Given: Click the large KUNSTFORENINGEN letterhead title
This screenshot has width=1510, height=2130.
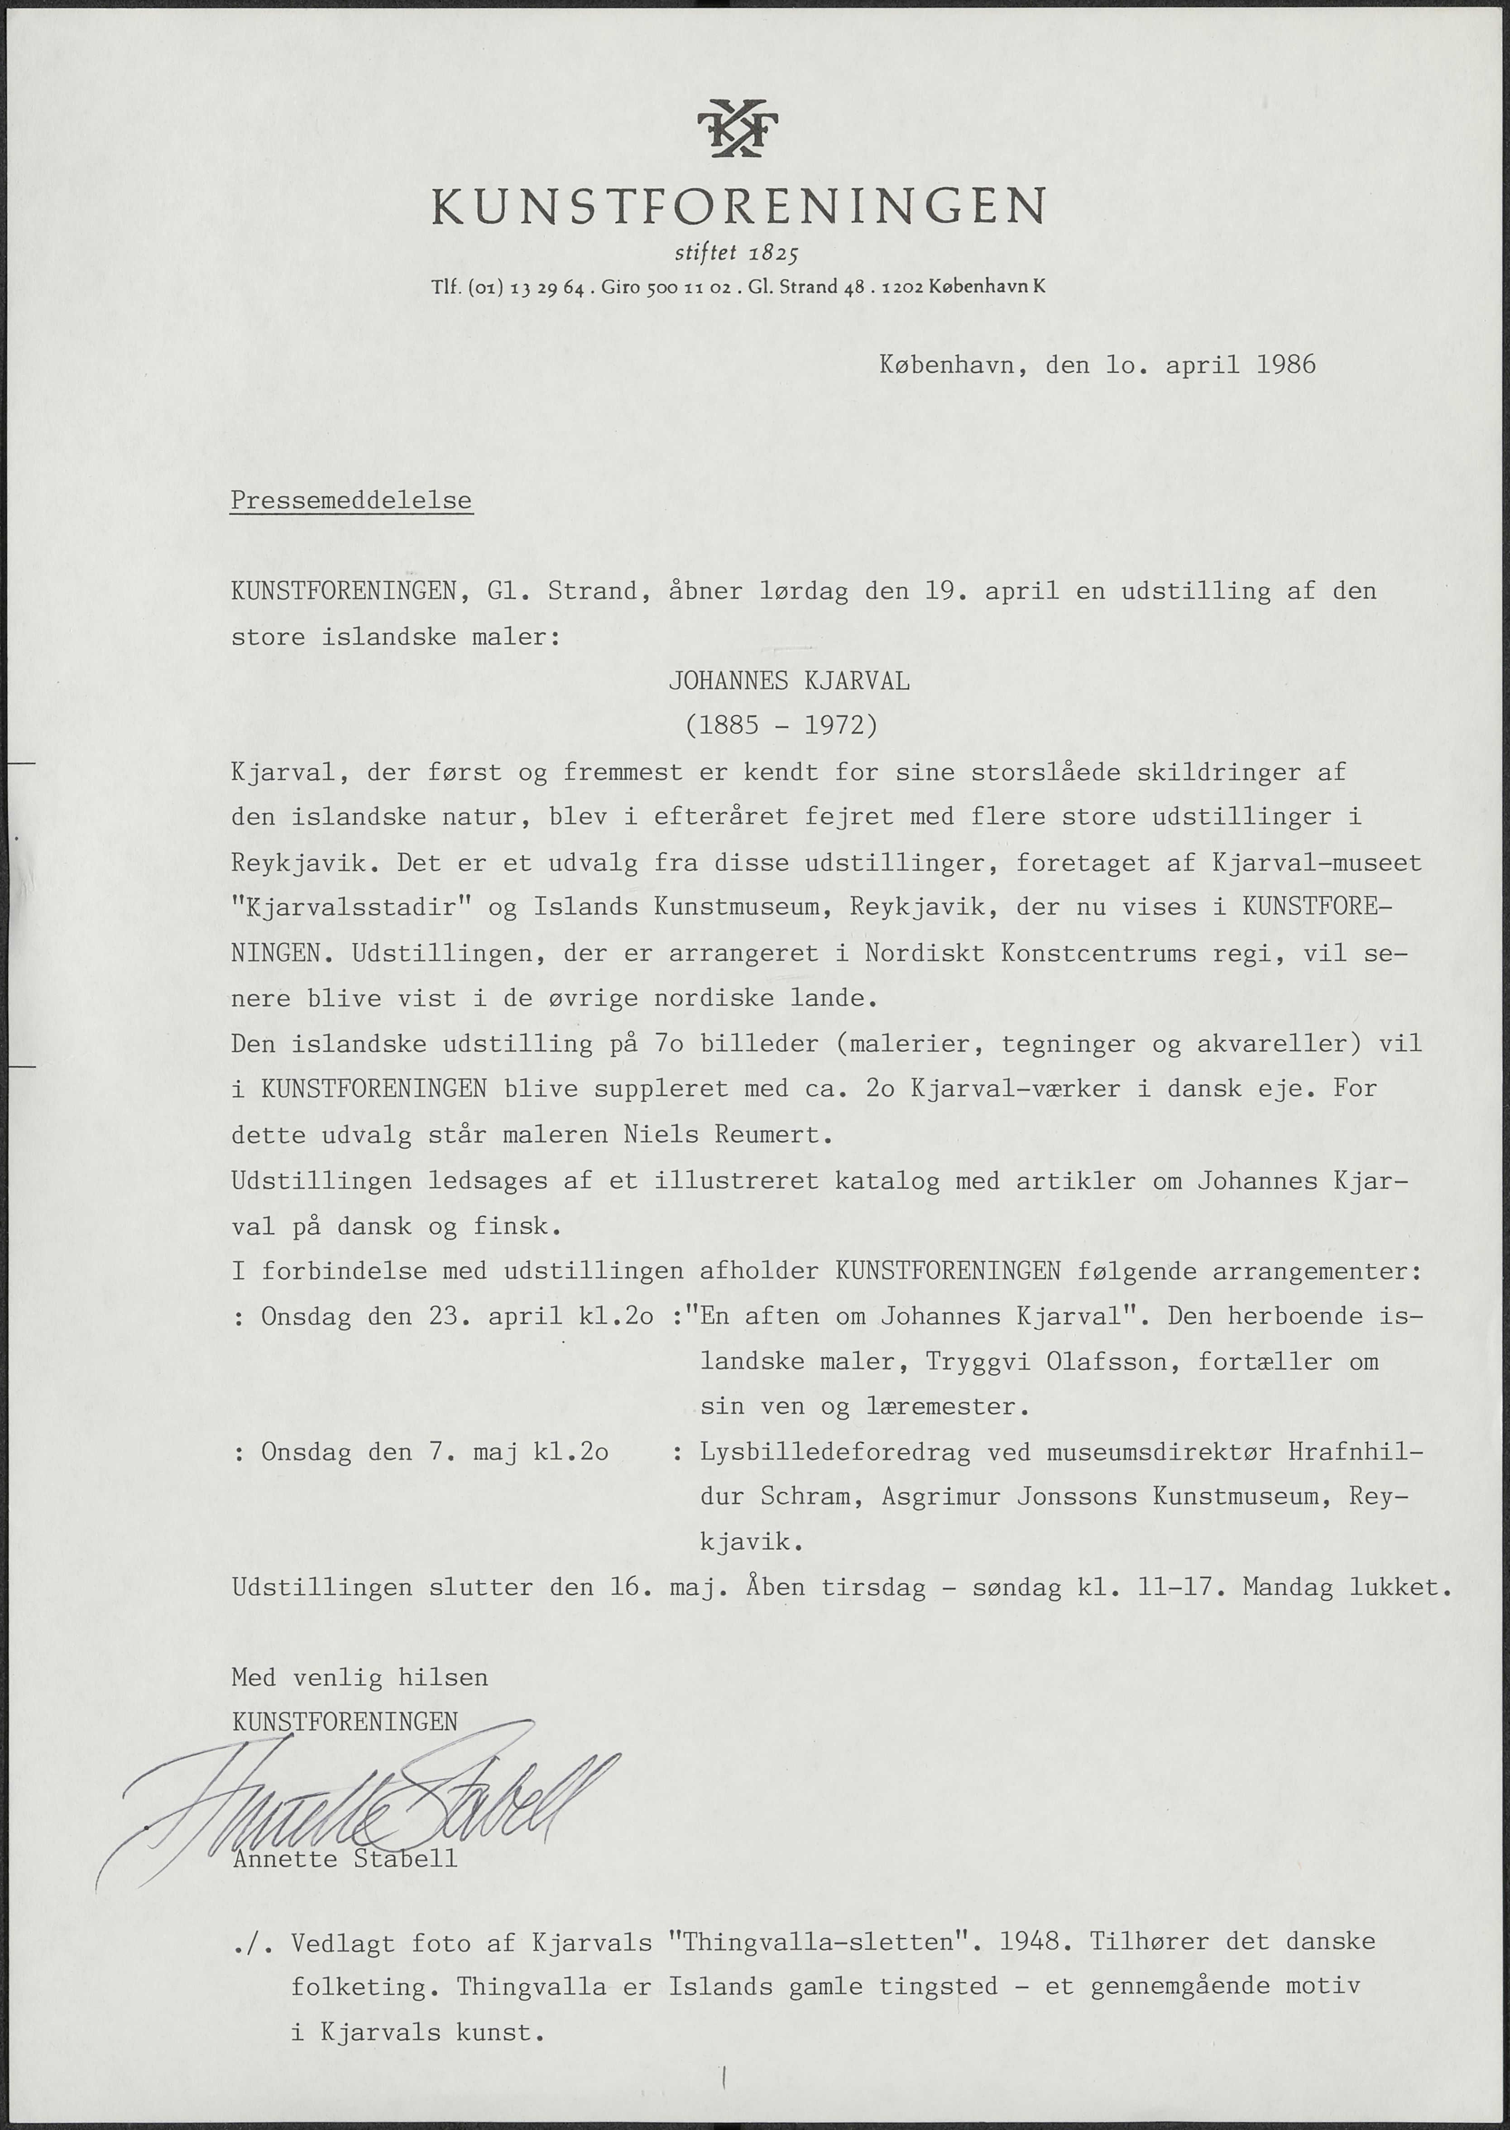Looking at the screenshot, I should tap(739, 206).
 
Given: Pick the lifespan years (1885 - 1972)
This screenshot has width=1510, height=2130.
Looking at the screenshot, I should tap(781, 725).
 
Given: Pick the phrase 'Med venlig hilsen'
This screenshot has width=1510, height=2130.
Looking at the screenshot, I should tap(359, 1677).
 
